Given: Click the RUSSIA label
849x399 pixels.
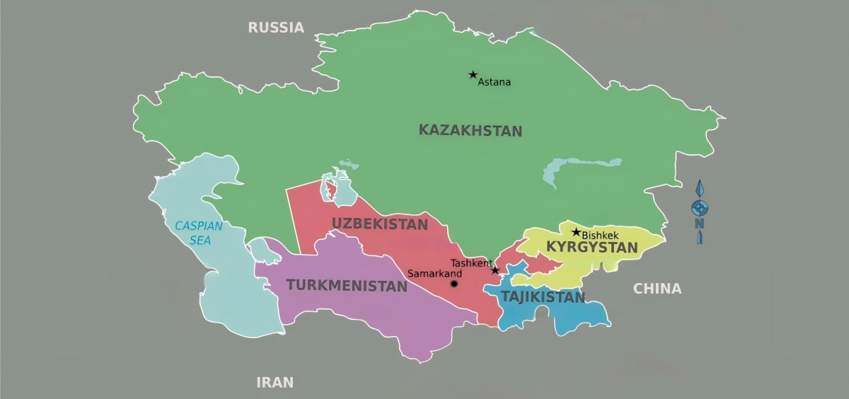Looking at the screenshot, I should (276, 28).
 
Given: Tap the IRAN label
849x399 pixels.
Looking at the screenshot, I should (275, 383).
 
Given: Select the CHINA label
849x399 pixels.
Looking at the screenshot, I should (657, 289).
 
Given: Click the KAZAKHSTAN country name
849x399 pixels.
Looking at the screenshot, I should (470, 130).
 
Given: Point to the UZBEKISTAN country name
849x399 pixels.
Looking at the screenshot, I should (380, 224).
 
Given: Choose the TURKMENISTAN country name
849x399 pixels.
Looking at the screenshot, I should (347, 286).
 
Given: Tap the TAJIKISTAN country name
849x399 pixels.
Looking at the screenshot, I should (543, 297).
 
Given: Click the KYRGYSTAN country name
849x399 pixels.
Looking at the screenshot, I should (592, 248).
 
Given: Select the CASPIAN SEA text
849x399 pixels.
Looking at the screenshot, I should (199, 233).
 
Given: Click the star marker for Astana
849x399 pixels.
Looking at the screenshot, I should (473, 74).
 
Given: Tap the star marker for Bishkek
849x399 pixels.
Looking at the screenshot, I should (576, 232).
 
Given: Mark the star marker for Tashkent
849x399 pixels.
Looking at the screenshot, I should (495, 270).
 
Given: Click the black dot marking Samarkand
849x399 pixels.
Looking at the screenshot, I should (454, 284).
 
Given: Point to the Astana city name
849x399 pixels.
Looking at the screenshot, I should (495, 82).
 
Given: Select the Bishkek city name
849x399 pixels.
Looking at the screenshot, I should (600, 235).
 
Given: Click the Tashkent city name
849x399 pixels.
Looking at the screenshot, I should (471, 263).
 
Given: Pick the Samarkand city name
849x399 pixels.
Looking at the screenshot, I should (434, 274).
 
